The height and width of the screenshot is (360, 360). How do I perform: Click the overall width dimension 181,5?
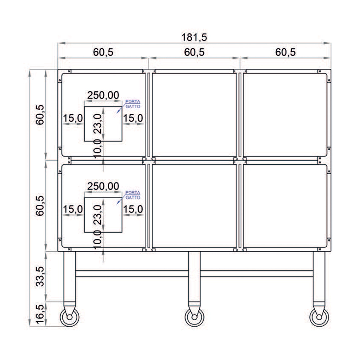[194, 37]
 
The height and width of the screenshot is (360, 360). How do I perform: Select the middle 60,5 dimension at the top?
[194, 52]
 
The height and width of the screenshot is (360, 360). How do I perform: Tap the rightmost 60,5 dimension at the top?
[285, 52]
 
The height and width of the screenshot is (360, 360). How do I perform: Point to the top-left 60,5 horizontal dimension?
[103, 52]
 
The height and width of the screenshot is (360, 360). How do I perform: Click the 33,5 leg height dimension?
[40, 276]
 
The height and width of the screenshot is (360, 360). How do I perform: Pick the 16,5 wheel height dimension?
[40, 314]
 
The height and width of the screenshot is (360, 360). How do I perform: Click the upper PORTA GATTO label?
[133, 104]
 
